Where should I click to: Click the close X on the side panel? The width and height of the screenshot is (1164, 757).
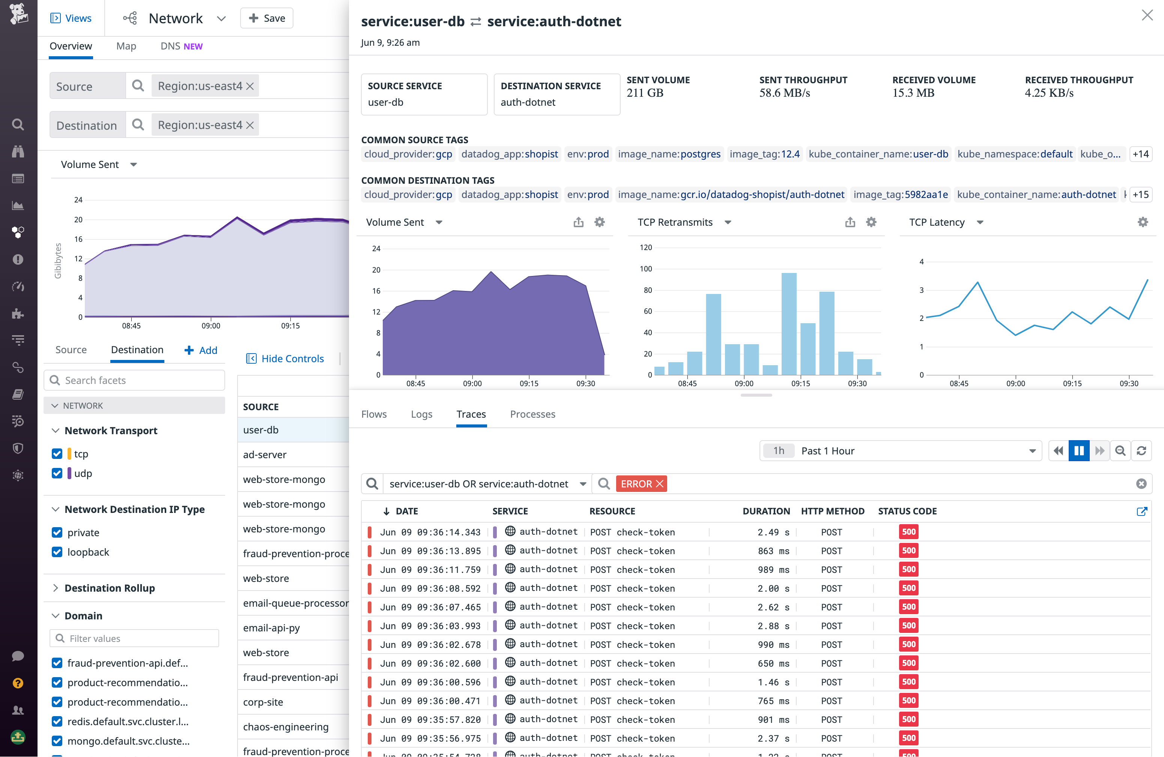click(1147, 16)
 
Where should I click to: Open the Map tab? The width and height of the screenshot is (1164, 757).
click(126, 46)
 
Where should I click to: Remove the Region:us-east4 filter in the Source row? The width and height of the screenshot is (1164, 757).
click(250, 86)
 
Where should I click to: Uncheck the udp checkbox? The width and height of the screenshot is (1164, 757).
click(57, 473)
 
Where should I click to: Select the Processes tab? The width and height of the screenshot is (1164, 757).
click(532, 414)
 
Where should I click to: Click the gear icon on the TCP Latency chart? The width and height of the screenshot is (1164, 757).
click(1143, 222)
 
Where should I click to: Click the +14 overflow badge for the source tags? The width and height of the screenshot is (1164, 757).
click(1140, 154)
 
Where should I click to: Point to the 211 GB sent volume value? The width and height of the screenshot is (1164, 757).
click(645, 93)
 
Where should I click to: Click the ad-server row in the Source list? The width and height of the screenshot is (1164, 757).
click(265, 454)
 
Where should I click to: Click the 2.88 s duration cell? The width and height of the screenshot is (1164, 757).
click(773, 625)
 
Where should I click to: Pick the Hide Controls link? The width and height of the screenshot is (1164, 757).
click(292, 359)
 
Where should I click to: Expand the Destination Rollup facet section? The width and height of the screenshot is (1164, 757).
click(109, 588)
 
